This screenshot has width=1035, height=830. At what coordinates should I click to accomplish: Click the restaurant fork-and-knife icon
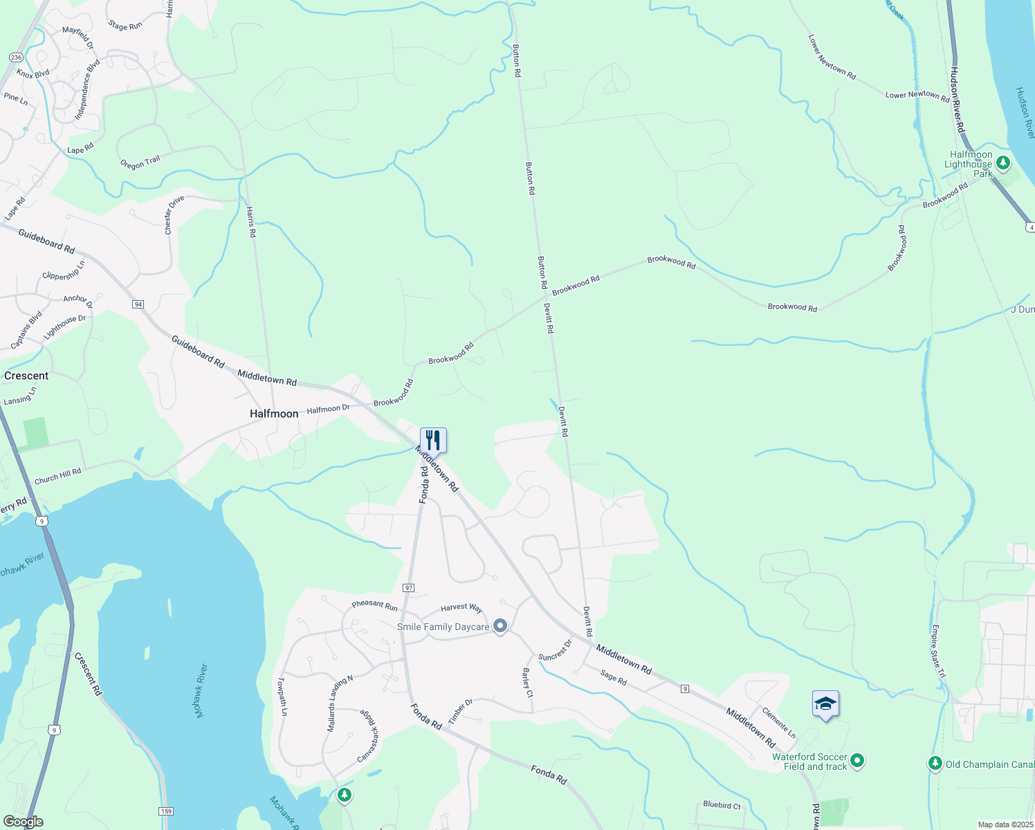433,440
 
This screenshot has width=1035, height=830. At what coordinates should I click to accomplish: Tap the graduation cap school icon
825,704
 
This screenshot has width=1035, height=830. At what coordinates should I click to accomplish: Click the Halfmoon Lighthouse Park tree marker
1003,163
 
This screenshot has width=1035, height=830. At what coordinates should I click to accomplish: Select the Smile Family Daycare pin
500,627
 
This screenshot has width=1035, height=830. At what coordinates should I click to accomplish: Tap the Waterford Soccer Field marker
857,761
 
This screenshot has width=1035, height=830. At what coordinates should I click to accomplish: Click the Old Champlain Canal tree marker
935,764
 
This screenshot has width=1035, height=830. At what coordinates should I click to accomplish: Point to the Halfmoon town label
274,414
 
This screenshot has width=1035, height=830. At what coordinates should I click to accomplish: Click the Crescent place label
26,376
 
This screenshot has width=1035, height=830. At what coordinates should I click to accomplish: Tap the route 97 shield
409,588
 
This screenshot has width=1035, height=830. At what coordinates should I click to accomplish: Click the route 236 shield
16,57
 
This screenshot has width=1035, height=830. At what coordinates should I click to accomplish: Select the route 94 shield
138,304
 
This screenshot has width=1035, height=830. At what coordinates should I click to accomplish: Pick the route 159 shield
165,811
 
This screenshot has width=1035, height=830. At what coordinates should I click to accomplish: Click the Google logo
23,821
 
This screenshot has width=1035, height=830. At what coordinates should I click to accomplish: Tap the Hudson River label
1025,113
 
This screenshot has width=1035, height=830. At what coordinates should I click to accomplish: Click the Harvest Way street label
461,607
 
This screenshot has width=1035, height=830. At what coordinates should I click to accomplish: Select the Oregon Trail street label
140,163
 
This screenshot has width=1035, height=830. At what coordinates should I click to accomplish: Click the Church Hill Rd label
57,476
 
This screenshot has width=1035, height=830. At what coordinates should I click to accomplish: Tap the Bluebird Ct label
722,805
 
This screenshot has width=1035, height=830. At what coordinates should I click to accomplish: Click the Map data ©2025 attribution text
1005,824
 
